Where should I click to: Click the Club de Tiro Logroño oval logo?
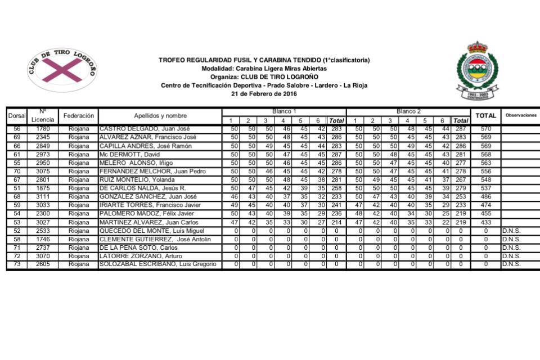62,70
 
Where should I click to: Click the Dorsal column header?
17,116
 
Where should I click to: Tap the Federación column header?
78,115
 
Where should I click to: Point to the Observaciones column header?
520,115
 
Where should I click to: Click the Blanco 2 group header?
408,111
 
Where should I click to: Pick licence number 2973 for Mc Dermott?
43,154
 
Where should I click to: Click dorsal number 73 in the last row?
17,264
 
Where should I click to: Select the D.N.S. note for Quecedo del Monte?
511,230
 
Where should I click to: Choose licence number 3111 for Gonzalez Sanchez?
43,196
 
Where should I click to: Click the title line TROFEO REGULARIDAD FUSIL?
264,60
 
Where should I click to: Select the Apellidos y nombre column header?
160,115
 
